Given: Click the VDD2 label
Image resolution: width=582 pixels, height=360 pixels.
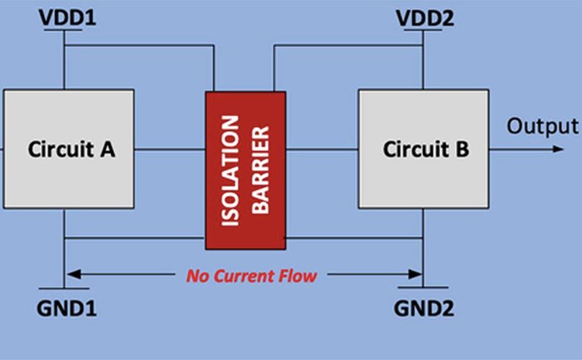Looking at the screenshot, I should click(425, 17).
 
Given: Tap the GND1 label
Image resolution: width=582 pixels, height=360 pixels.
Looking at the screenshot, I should click(66, 309).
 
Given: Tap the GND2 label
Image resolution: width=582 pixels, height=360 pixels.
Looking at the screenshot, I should click(424, 309).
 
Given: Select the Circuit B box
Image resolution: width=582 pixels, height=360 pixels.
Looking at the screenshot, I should click(424, 149).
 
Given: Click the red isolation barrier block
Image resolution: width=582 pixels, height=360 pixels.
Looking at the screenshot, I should click(246, 170).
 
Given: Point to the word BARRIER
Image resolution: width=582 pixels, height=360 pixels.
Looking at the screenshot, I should click(261, 170).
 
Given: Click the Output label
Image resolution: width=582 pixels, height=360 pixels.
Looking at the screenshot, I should click(542, 126).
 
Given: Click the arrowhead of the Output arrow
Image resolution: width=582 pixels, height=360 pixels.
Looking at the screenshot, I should click(558, 149).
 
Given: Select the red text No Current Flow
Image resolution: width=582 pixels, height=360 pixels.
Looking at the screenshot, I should click(251, 275).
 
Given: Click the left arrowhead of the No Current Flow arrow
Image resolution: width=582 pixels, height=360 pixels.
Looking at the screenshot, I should click(70, 274).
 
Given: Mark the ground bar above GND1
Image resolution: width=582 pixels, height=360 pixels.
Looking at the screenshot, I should click(65, 288).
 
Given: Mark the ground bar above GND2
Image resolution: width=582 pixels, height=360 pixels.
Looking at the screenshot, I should click(424, 288).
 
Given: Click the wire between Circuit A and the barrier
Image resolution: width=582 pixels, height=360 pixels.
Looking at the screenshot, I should click(169, 150).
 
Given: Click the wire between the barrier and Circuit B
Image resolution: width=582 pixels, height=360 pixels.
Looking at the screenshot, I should click(322, 150).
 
